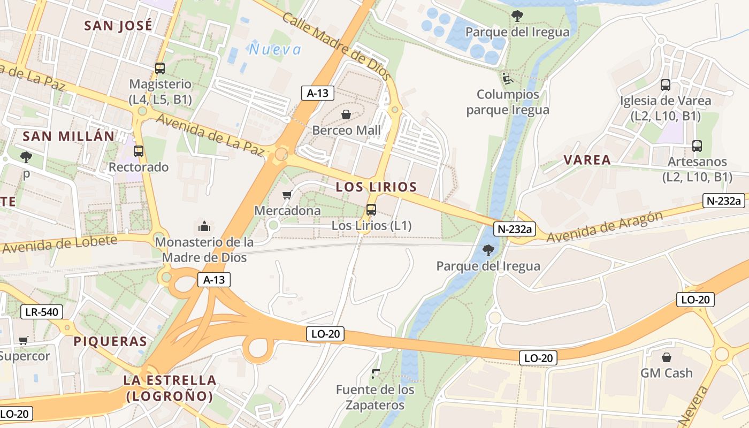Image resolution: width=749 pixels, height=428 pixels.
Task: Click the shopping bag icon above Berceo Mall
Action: [347, 114]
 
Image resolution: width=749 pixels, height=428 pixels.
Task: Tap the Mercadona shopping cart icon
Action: [287, 195]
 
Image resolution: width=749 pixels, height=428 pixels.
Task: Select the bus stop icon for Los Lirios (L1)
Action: [371, 210]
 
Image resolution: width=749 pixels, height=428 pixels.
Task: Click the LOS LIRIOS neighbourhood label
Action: [376, 187]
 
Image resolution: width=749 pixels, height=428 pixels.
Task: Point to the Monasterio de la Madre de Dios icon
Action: [204, 226]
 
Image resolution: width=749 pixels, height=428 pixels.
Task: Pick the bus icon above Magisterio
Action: [160, 68]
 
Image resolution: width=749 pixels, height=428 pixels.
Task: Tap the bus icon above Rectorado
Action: [139, 151]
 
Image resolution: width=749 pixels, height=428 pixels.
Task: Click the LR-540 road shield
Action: [42, 312]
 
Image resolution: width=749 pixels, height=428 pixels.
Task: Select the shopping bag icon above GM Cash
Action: [667, 357]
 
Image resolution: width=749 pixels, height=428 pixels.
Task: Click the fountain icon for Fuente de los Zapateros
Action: [375, 373]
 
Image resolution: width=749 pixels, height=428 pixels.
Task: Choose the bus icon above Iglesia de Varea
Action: [666, 85]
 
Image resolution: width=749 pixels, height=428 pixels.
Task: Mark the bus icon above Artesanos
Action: [697, 146]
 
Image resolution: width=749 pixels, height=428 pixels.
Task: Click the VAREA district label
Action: [587, 160]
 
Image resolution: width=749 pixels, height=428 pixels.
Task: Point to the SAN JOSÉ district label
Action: [118, 26]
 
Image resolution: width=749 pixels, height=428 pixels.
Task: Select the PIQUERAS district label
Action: [110, 341]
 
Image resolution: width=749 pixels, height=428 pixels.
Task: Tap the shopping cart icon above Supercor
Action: [24, 340]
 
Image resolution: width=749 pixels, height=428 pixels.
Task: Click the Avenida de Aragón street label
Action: [604, 227]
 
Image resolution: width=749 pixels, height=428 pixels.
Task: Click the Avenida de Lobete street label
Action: [59, 244]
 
